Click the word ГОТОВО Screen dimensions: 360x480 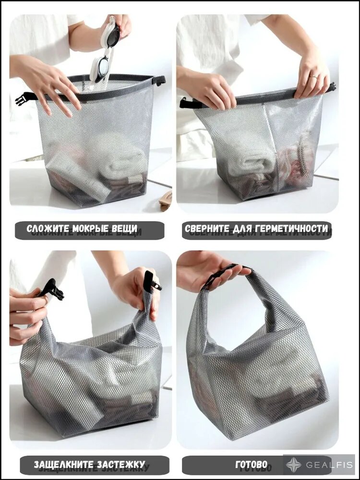pos(252,464)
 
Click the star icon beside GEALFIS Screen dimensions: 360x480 pos(294,465)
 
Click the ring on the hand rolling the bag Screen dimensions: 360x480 pos(313,77)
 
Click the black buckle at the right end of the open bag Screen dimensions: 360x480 pos(159,81)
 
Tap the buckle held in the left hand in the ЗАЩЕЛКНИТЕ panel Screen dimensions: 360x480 pos(51,289)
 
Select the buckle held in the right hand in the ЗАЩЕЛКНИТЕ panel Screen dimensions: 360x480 pos(151,282)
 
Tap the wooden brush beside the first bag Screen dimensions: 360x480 pos(166,201)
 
